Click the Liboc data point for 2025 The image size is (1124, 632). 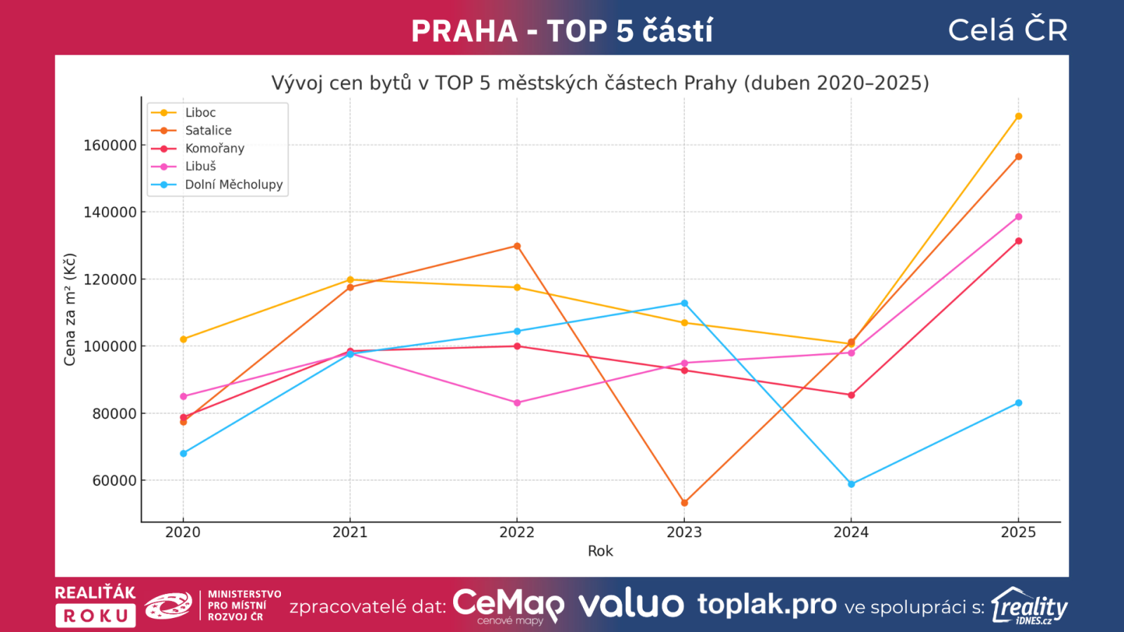pos(1019,117)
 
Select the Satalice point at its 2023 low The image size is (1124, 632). pos(684,503)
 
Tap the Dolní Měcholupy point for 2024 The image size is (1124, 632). pos(851,484)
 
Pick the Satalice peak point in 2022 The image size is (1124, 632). pos(517,246)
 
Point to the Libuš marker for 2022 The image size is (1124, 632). pos(517,403)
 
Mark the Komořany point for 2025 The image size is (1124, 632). pos(1019,242)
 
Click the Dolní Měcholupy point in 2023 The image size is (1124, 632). pos(684,303)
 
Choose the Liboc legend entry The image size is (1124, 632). pos(200,112)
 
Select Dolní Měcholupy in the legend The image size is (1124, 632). pos(233,185)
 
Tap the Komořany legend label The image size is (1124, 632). pos(214,148)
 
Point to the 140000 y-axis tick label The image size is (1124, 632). pos(110,212)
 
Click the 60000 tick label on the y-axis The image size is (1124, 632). pos(114,481)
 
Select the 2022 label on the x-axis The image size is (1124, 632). pos(517,532)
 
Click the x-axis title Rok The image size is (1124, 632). pos(600,551)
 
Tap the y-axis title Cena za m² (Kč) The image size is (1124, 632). pos(70,309)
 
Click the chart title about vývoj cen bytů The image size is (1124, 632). pos(600,83)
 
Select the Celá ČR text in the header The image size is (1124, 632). pos(1007,30)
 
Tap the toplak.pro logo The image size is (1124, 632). pos(766,605)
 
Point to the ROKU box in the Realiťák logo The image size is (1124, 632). pos(96,616)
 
